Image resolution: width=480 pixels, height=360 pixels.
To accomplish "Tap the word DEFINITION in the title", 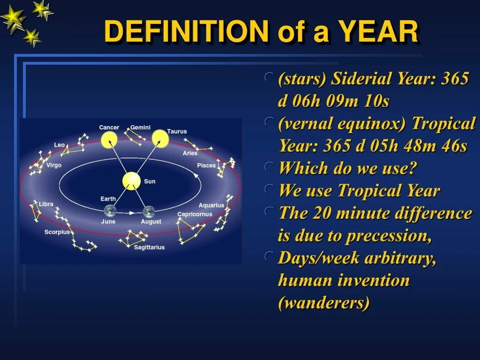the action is pos(187,31).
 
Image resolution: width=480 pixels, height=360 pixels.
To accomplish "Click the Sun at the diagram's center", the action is pos(131,181).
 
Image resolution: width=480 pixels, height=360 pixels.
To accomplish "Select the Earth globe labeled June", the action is pos(110,211).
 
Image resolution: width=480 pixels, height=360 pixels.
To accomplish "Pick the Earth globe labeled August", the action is pos(149,212).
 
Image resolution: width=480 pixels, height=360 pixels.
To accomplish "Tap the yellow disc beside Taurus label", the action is pos(160,138).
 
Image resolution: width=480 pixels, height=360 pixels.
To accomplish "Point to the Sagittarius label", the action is pos(150,247).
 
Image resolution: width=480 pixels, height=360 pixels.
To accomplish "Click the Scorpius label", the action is pos(57,232).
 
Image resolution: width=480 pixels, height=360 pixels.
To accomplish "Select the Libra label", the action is pos(46,204).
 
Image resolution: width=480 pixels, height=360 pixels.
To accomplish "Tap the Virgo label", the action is pos(54,165).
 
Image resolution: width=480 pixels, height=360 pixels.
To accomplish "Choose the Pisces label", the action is pos(206,165).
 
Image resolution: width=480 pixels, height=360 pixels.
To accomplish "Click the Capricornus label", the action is pos(195,214).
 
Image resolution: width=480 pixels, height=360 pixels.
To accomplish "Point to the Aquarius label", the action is pos(211,205).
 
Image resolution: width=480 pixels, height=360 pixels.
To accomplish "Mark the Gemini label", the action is pos(141,127).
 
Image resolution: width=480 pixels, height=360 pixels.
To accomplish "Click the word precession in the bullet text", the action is pos(389,236).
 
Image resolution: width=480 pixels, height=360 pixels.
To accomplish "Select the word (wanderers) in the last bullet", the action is pos(324,303).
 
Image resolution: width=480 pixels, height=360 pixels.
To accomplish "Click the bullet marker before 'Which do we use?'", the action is pos(269,167).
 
